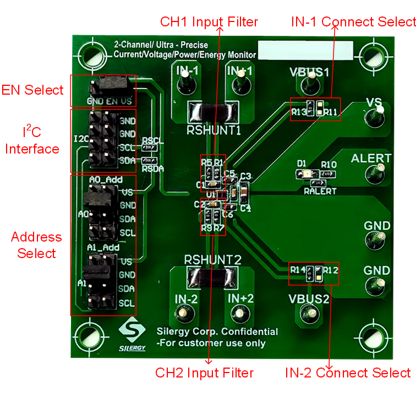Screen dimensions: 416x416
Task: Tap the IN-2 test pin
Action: point(185,314)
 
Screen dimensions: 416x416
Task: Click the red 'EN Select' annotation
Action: point(32,90)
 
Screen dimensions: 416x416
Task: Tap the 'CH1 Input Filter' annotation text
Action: point(209,22)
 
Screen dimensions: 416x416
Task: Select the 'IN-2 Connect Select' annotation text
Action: point(347,373)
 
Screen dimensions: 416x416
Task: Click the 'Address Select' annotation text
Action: point(36,245)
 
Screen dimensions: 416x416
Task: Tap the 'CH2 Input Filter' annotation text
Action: point(204,373)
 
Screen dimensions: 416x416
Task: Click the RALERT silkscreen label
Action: point(320,191)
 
